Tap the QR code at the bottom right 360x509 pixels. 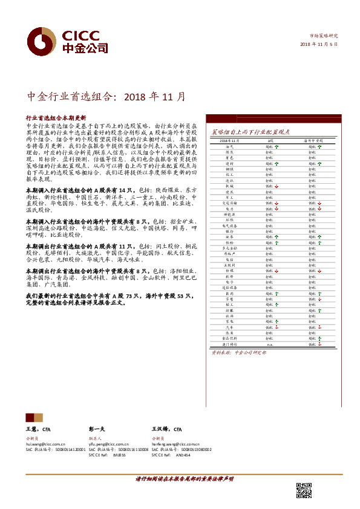coord(304,490)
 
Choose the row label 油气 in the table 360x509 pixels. coord(229,147)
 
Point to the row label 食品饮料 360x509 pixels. coord(229,338)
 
